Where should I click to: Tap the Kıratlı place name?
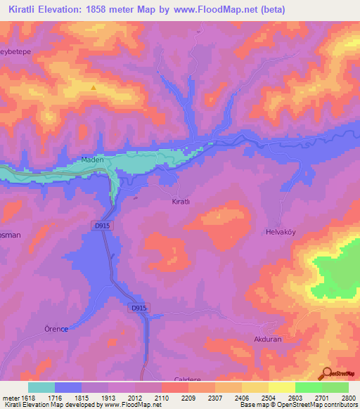pyautogui.click(x=182, y=201)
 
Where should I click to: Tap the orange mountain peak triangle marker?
pyautogui.click(x=94, y=88)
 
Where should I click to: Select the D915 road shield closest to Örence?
pyautogui.click(x=139, y=308)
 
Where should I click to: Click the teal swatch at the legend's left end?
pyautogui.click(x=41, y=387)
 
